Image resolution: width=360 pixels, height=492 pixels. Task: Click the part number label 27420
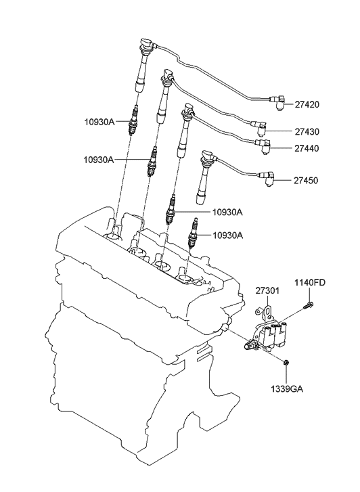[307, 105]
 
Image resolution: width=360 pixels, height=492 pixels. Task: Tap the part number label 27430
[307, 131]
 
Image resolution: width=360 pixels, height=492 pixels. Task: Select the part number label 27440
[307, 148]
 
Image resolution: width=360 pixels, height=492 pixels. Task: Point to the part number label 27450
[307, 181]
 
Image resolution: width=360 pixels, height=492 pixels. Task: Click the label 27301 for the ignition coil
[267, 291]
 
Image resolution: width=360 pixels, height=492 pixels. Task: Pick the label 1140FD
[309, 282]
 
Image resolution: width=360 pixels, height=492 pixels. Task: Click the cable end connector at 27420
[277, 102]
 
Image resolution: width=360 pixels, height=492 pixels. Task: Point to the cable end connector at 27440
[265, 143]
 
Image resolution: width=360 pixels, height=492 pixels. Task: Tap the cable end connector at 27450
[269, 179]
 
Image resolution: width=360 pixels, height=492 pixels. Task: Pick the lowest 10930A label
[227, 236]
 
